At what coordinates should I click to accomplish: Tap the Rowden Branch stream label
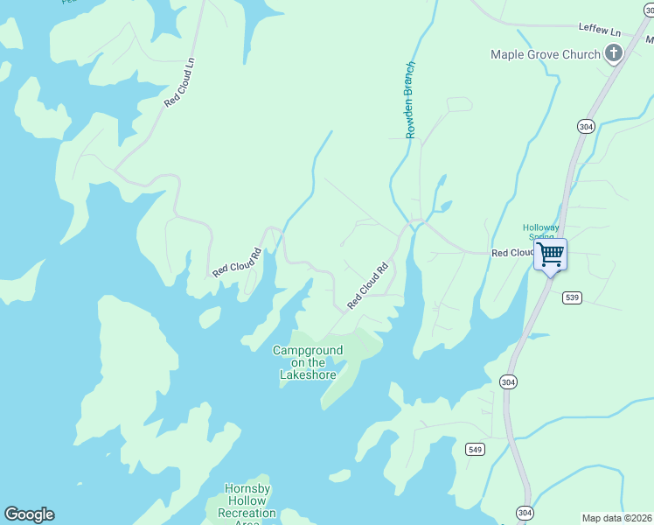click(409, 100)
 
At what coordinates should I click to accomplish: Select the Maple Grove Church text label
click(546, 54)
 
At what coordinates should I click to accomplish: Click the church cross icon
click(614, 54)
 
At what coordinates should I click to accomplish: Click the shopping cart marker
click(550, 255)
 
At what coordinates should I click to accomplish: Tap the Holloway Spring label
click(540, 232)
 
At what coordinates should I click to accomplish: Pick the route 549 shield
click(475, 449)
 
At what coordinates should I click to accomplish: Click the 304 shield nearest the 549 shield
click(508, 381)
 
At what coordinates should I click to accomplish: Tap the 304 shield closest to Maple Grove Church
click(586, 127)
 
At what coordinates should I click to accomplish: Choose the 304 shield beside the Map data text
click(524, 512)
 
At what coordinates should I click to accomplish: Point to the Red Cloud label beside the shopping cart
click(512, 253)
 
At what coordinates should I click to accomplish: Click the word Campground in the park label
click(308, 350)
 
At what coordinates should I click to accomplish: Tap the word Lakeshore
click(308, 374)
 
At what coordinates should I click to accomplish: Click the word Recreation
click(247, 513)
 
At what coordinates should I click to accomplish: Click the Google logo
click(29, 514)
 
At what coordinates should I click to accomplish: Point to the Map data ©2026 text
click(616, 517)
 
